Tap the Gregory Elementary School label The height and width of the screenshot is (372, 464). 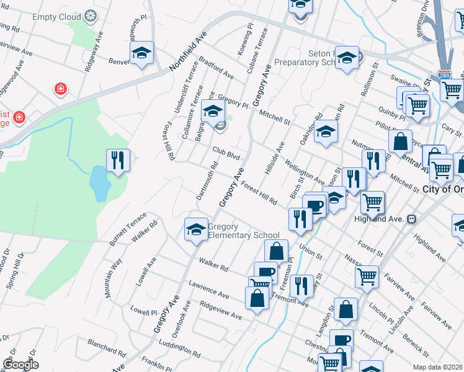point(243,231)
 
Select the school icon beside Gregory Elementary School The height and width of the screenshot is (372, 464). point(196,230)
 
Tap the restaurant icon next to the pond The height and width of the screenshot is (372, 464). point(117,161)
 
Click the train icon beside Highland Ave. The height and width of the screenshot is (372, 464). point(411,219)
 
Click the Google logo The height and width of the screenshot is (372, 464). point(20,365)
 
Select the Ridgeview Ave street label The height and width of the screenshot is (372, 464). point(221,311)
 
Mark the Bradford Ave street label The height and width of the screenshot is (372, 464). point(216,69)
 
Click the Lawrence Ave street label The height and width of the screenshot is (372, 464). point(210,287)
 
